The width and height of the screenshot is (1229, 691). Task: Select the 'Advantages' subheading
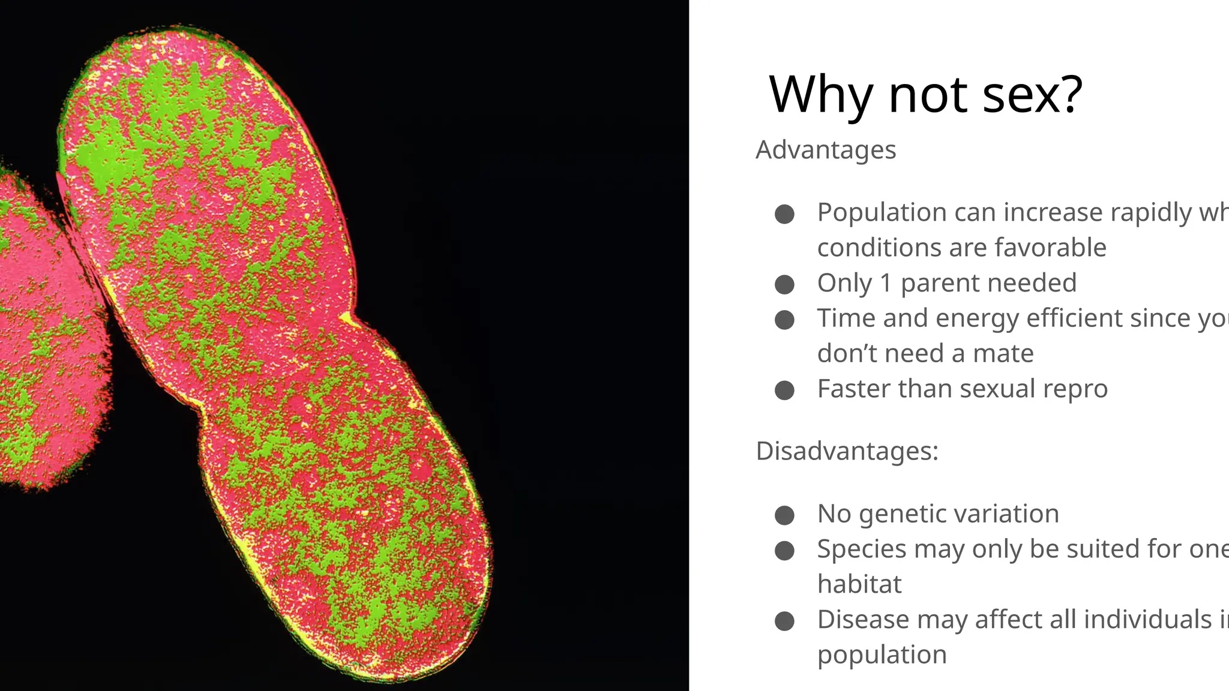(x=826, y=150)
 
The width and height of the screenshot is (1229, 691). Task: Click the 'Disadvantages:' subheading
(x=847, y=451)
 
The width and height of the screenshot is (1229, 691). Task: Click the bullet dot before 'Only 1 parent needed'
(x=784, y=284)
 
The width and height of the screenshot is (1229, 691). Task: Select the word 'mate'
(x=1003, y=353)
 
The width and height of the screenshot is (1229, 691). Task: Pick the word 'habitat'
(x=859, y=584)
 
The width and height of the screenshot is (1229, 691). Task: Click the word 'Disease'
(x=862, y=620)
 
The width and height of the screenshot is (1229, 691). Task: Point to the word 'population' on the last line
(x=882, y=655)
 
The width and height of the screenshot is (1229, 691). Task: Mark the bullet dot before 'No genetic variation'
(x=784, y=515)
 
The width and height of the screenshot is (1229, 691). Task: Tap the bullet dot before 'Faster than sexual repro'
(x=784, y=390)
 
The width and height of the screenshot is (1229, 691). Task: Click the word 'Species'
(x=862, y=549)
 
